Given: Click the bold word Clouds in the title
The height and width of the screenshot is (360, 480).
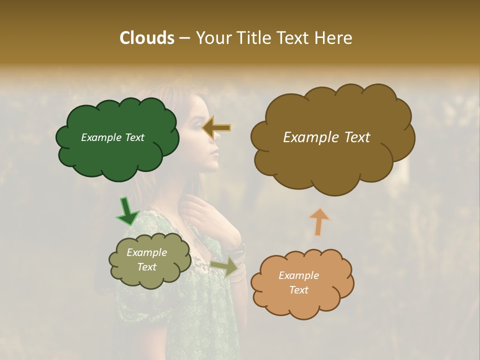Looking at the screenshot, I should (x=146, y=38).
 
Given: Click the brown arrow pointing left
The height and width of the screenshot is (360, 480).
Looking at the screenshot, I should (x=217, y=128).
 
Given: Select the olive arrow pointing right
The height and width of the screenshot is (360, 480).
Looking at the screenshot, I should (x=224, y=267).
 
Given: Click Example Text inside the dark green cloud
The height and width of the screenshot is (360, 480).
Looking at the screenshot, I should (x=112, y=137).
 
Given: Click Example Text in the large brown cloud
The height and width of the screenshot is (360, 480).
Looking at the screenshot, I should (x=326, y=137).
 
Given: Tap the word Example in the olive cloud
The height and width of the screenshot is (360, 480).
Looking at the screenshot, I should (x=146, y=252).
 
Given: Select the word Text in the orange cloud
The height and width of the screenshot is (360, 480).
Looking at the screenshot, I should (x=299, y=290).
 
